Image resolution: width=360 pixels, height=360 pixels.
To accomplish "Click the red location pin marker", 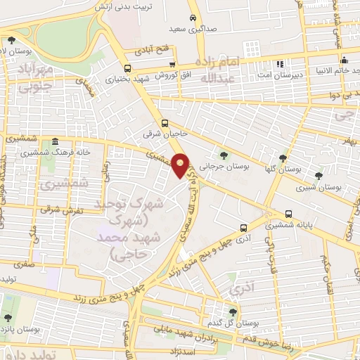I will tap(181, 166).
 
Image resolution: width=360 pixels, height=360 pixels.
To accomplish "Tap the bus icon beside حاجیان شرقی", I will tap(165, 122).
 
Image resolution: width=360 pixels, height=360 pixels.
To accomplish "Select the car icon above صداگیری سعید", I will tap(193, 18).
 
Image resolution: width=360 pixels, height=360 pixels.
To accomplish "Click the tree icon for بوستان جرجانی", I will tap(224, 155).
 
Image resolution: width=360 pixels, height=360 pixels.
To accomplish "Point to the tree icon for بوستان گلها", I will tap(283, 158).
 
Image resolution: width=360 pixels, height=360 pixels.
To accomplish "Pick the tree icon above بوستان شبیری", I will tap(319, 176).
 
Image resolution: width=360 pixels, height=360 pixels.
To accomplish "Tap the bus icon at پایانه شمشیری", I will tap(289, 214).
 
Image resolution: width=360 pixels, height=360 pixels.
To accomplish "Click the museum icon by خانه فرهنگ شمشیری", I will tap(56, 141).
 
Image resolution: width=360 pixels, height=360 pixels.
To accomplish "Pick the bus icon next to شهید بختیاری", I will tap(127, 68).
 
